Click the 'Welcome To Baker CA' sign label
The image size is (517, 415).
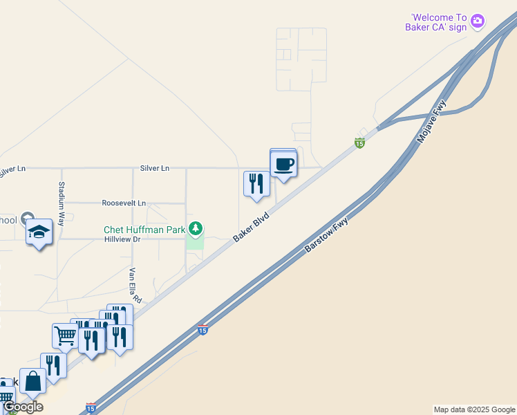click(439, 22)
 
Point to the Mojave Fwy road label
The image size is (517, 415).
click(433, 121)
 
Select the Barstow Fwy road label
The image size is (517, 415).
click(327, 234)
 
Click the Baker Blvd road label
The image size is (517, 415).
click(250, 226)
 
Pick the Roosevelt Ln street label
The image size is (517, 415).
click(124, 203)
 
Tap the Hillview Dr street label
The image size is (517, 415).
click(122, 239)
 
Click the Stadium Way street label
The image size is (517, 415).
click(62, 204)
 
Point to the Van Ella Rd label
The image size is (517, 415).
click(135, 286)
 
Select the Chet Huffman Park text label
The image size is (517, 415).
click(144, 230)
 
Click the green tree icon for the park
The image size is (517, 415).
click(196, 228)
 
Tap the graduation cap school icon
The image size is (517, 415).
click(39, 232)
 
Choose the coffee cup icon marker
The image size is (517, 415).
click(283, 165)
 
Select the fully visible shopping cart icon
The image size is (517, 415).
click(65, 336)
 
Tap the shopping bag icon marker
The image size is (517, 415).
click(32, 381)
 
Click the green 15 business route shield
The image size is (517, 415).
click(359, 143)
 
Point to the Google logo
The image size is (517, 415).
click(23, 407)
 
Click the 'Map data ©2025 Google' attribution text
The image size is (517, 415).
click(474, 409)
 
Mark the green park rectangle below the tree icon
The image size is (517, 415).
click(196, 242)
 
